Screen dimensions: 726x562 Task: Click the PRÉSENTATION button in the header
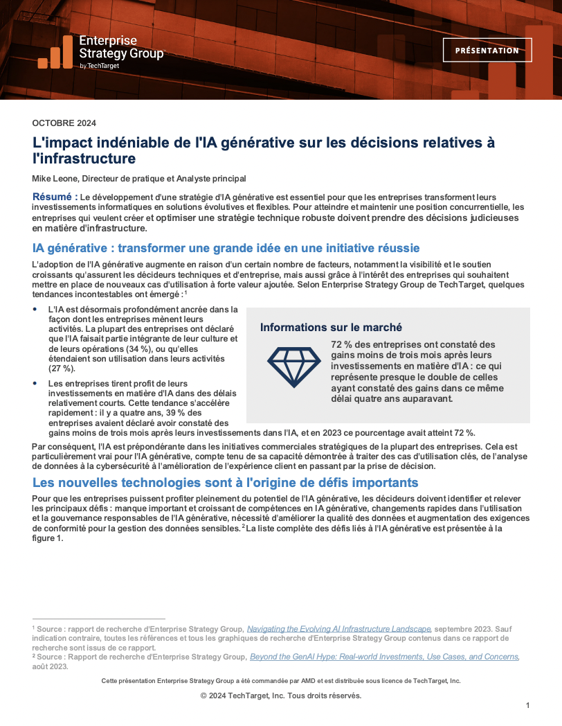click(487, 51)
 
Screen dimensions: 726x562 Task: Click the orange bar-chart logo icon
click(55, 53)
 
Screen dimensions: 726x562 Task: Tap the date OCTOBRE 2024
click(64, 123)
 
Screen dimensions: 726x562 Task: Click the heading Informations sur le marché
click(331, 327)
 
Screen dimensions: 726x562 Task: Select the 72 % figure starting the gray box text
click(342, 344)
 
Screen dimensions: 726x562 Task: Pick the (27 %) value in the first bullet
click(61, 369)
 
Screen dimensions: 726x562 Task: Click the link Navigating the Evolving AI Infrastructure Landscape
click(339, 628)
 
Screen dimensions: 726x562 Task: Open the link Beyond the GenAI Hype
click(384, 656)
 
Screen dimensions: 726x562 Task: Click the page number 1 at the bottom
click(527, 705)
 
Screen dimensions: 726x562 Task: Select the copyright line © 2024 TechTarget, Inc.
click(280, 696)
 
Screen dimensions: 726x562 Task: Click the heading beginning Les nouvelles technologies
click(225, 483)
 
